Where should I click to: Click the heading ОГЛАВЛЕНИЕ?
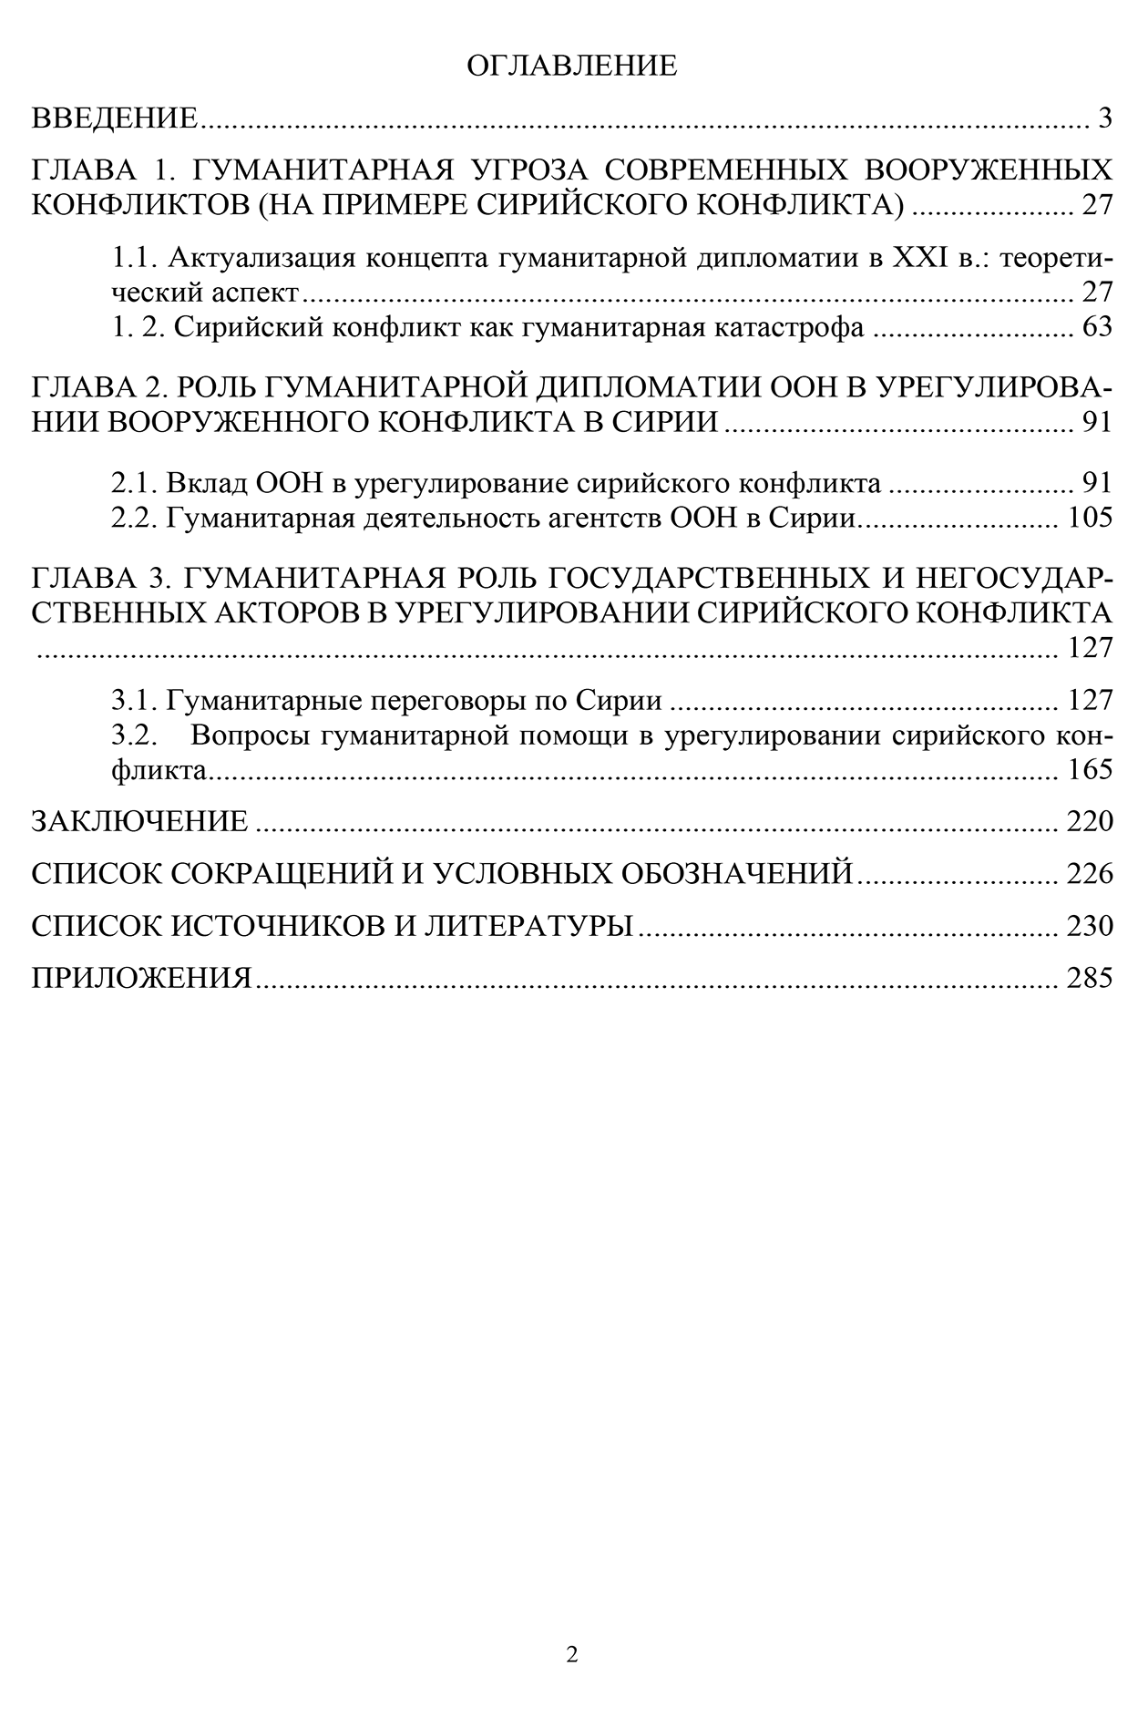pyautogui.click(x=571, y=66)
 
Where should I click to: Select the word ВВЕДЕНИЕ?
pyautogui.click(x=115, y=118)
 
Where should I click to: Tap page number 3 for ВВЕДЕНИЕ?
pyautogui.click(x=1104, y=118)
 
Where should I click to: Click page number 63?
pyautogui.click(x=1097, y=327)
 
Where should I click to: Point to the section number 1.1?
pyautogui.click(x=136, y=259)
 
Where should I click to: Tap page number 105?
pyautogui.click(x=1090, y=518)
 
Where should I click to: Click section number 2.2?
pyautogui.click(x=136, y=518)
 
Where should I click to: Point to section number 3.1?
pyautogui.click(x=136, y=700)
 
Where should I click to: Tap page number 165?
pyautogui.click(x=1090, y=770)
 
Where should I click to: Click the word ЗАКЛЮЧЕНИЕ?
pyautogui.click(x=139, y=821)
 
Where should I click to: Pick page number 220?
pyautogui.click(x=1090, y=821)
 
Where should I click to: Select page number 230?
pyautogui.click(x=1090, y=926)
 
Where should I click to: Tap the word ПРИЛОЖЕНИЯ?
pyautogui.click(x=141, y=978)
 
